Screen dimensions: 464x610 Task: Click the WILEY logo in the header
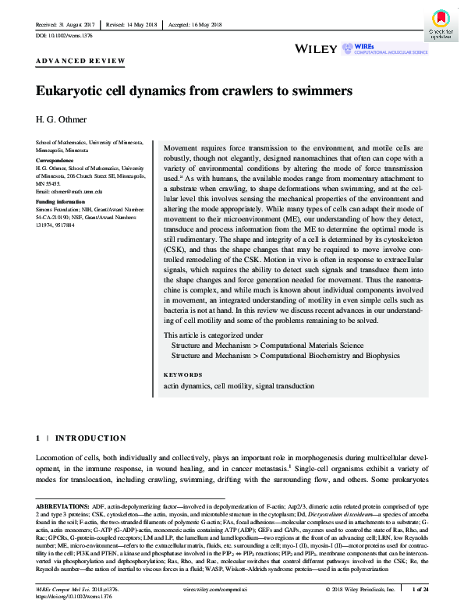coord(317,48)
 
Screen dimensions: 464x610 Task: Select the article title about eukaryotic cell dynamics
coord(194,90)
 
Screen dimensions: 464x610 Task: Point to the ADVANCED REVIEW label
coord(80,61)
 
